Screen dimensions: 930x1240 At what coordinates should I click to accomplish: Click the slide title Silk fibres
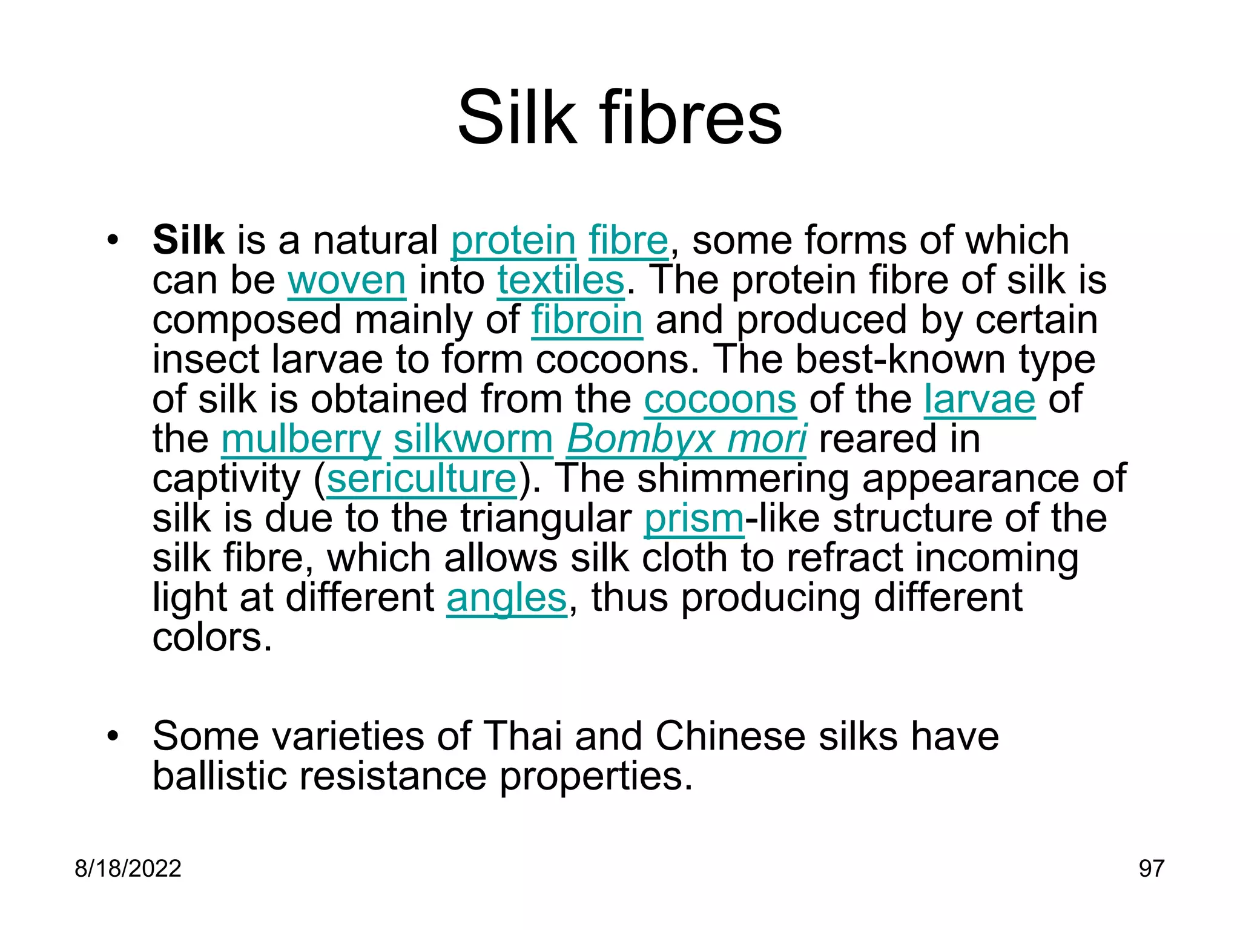(x=619, y=117)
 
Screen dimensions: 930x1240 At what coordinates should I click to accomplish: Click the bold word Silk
(x=188, y=240)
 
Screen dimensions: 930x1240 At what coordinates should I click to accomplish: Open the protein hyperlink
(x=513, y=240)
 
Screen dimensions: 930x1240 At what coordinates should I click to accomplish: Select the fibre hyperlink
(x=628, y=240)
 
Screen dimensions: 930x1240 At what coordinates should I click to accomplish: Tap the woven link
(x=346, y=280)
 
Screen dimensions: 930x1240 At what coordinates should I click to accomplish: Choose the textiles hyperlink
(x=561, y=280)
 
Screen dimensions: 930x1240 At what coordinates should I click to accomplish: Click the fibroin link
(x=587, y=320)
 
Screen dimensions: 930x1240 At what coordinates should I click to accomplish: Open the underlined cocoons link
(x=720, y=400)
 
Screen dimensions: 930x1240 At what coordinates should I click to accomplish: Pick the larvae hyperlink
(x=979, y=400)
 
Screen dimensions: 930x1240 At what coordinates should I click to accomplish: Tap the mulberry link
(x=301, y=439)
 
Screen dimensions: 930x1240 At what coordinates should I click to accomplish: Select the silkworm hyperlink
(x=473, y=439)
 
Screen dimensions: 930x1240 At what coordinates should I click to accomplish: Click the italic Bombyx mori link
(x=686, y=439)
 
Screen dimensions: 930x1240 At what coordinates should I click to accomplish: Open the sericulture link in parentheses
(x=421, y=479)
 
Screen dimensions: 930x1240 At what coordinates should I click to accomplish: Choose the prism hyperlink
(x=694, y=519)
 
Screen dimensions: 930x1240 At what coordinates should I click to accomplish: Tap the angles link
(x=506, y=598)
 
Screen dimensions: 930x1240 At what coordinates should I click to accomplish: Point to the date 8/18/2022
(x=128, y=869)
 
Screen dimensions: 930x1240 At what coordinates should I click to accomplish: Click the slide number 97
(x=1151, y=869)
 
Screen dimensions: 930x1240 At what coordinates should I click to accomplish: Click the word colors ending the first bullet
(x=212, y=638)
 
